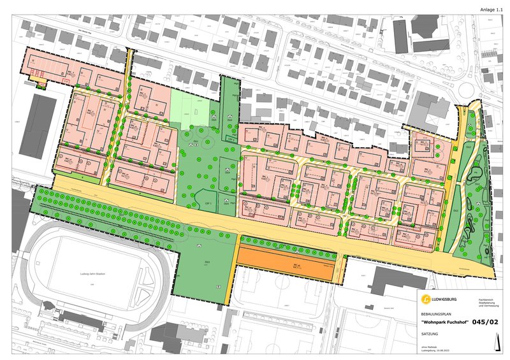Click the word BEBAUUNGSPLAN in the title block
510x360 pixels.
[435, 313]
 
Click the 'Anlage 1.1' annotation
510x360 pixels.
[491, 10]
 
